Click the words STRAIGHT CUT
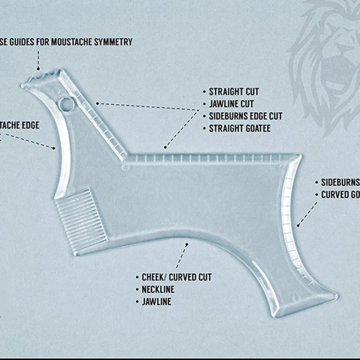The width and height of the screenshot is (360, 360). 234,92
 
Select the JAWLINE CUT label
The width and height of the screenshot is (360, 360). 231,104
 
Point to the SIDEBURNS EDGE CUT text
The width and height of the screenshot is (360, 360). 245,116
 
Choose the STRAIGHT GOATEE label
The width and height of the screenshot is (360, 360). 239,128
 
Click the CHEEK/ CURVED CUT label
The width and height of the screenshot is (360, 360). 176,277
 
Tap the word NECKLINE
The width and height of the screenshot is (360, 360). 158,289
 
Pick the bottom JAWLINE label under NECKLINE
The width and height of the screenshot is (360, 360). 157,301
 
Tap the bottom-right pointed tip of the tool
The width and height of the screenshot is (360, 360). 335,297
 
